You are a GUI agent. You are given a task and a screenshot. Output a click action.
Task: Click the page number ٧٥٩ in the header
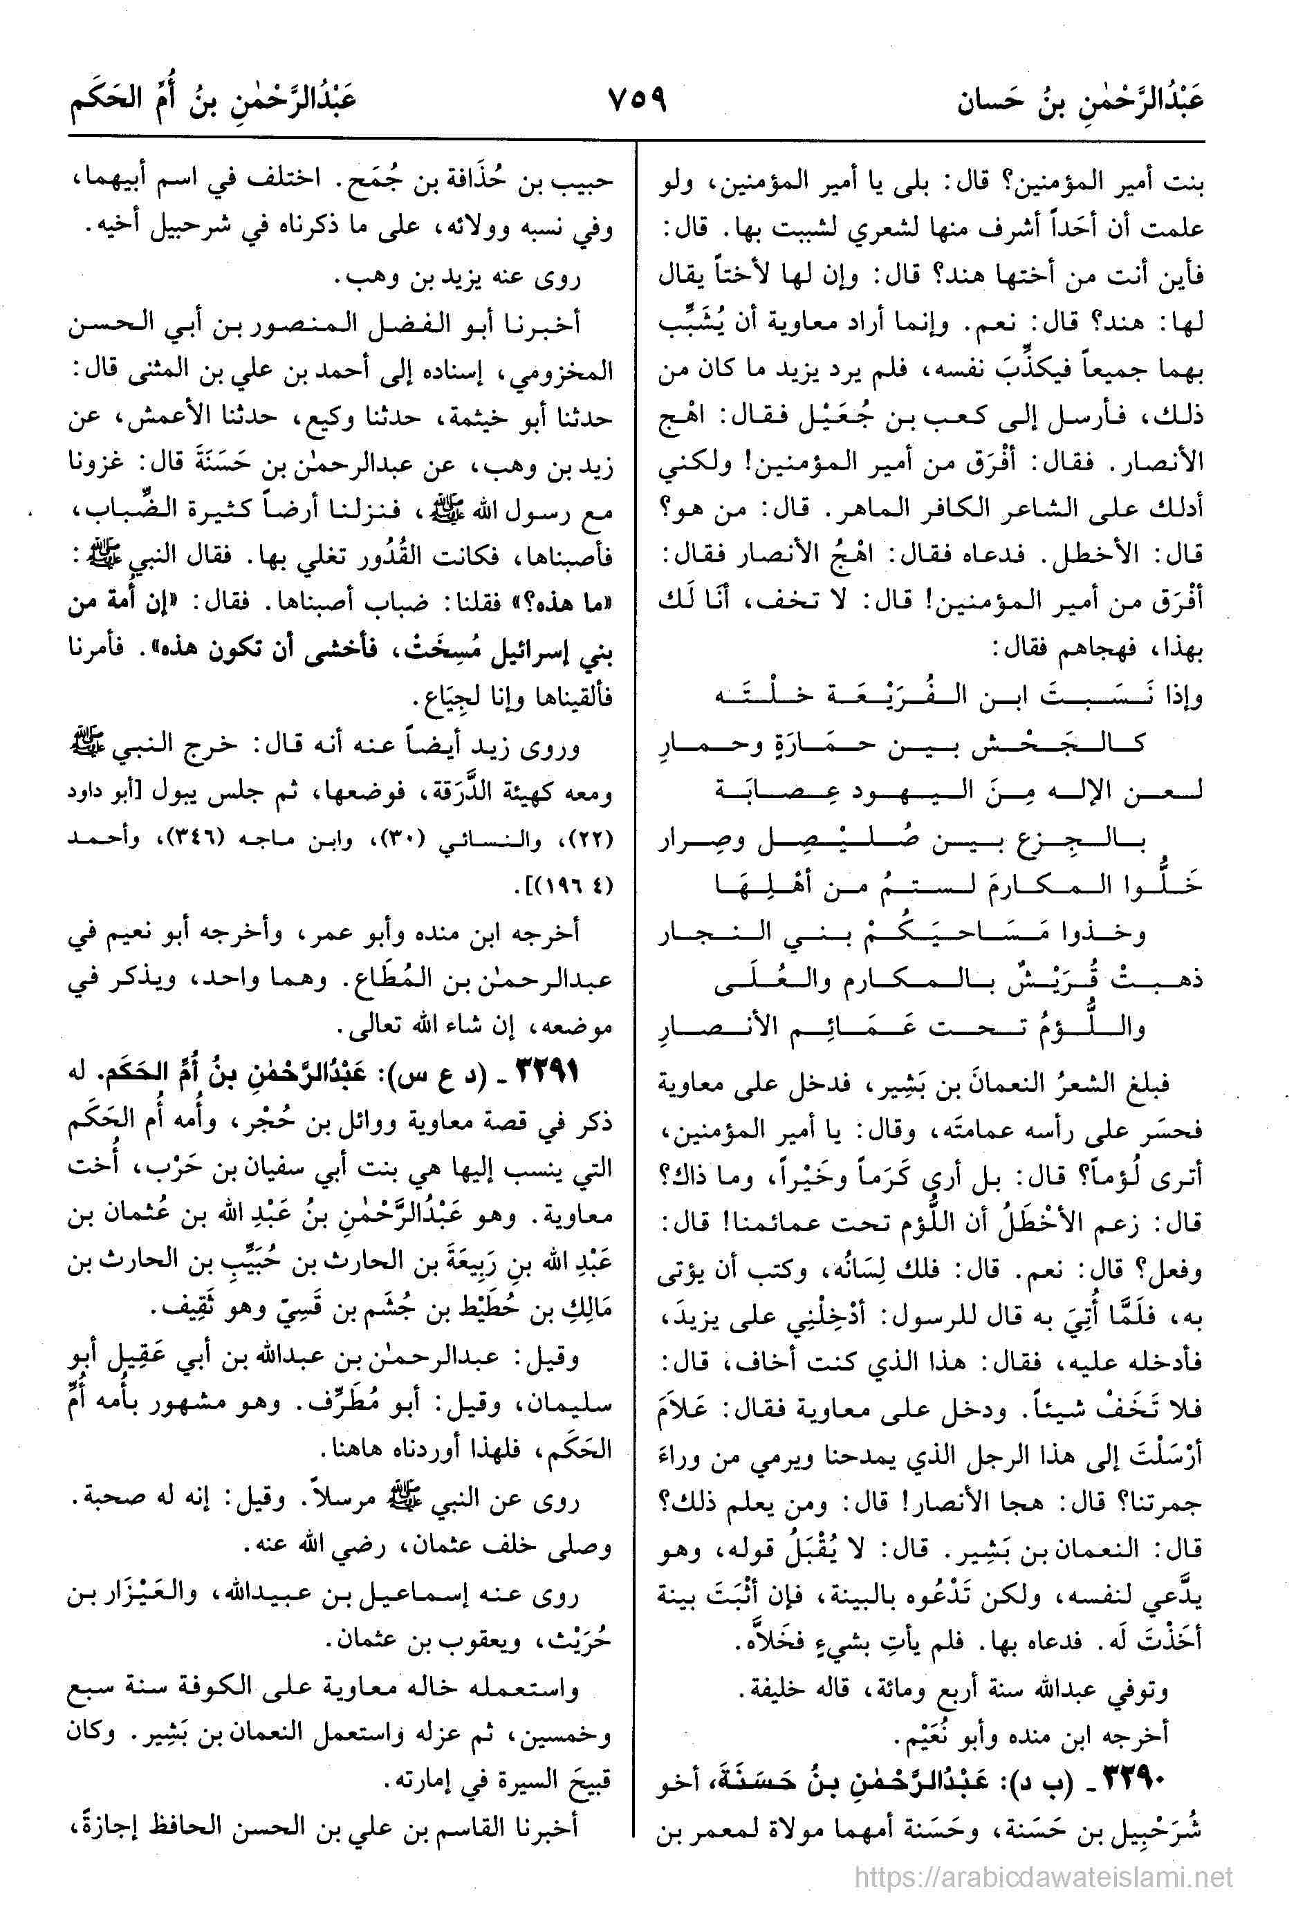tap(636, 104)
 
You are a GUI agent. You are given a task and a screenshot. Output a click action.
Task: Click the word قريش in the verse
tap(1021, 981)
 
